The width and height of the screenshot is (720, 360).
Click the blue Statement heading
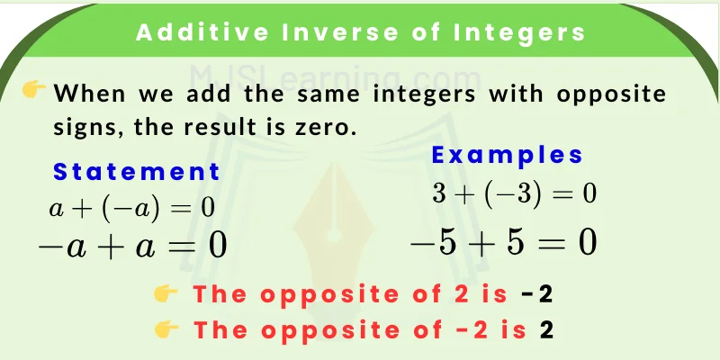(137, 172)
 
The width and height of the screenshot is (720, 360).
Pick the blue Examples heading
(508, 155)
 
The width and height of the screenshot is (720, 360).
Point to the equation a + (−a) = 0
(132, 207)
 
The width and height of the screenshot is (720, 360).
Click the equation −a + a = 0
(131, 244)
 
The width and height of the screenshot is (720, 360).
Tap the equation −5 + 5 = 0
(503, 243)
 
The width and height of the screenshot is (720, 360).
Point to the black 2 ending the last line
(545, 329)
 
